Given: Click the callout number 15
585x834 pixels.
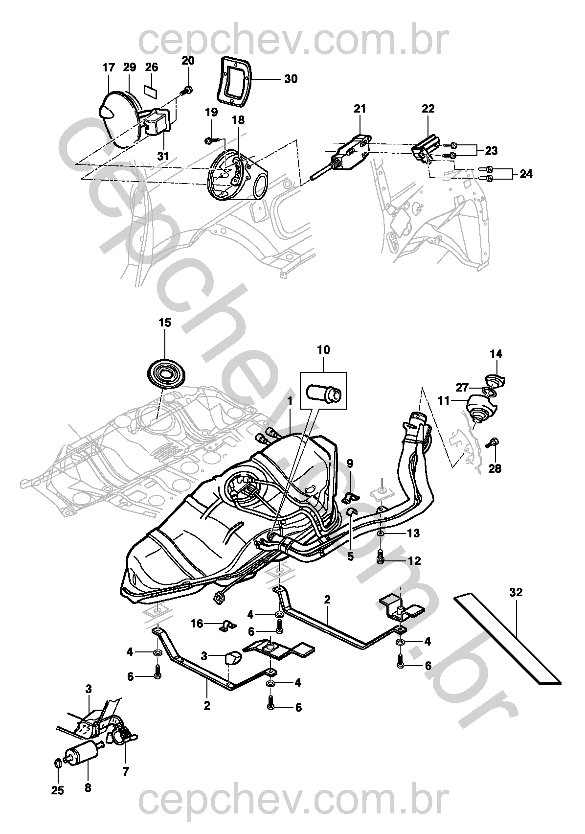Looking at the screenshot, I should (164, 323).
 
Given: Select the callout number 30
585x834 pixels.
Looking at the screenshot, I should (291, 79).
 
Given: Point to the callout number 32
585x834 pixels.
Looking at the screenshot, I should (516, 592).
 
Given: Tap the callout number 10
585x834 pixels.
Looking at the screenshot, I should (323, 350).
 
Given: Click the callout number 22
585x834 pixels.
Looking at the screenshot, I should (428, 109).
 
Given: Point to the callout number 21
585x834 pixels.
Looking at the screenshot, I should (360, 109).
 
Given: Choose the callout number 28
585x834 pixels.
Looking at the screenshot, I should (495, 468).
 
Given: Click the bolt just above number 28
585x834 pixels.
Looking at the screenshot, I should (493, 443).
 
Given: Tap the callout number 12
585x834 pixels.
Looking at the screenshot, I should (414, 560).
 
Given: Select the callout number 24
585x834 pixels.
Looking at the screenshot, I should (526, 174).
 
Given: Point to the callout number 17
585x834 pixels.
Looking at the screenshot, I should (108, 68).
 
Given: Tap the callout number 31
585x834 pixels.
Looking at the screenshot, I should (162, 156).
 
